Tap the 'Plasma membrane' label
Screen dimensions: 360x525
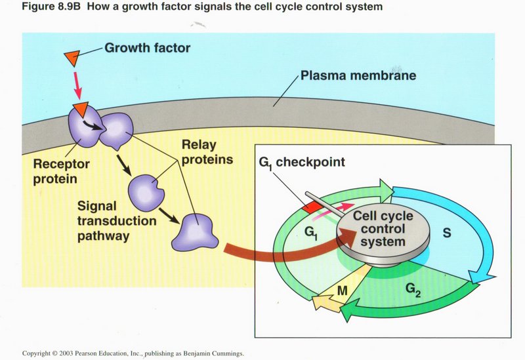tap(358, 76)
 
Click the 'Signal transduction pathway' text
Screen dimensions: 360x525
tap(117, 221)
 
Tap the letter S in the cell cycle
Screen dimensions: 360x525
tap(447, 232)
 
